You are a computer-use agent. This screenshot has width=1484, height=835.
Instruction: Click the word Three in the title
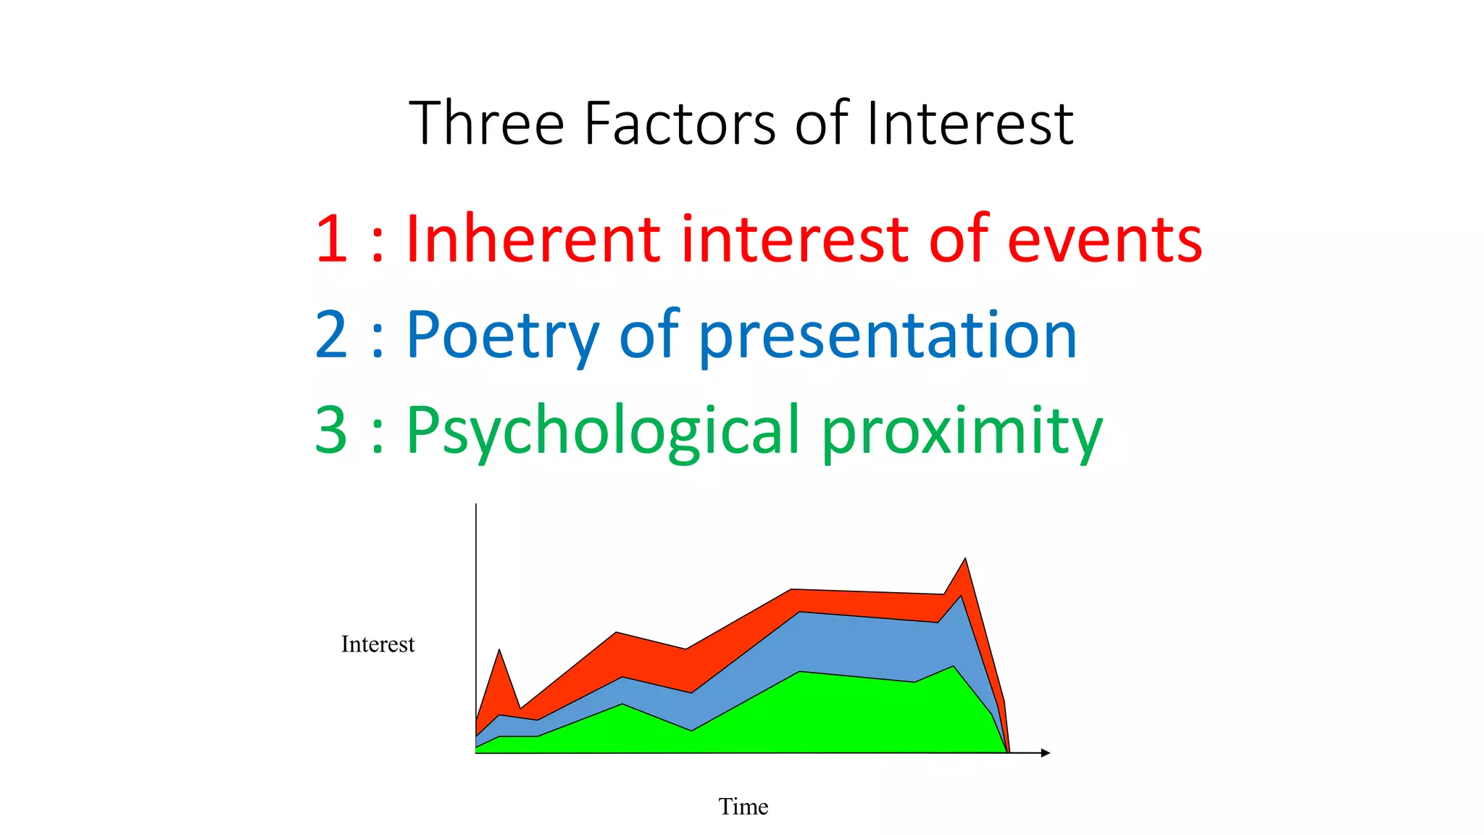click(x=486, y=123)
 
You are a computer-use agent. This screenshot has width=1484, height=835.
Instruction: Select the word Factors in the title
click(x=680, y=123)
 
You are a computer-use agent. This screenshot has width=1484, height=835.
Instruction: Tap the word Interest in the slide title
click(x=969, y=123)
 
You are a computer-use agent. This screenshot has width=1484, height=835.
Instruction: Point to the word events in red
click(x=1104, y=239)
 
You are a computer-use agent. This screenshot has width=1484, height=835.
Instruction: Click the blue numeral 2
click(x=332, y=334)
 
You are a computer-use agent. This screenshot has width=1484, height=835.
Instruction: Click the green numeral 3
click(x=332, y=430)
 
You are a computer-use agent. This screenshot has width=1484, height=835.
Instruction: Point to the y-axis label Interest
click(x=378, y=644)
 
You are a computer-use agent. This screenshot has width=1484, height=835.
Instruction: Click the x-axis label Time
click(x=743, y=806)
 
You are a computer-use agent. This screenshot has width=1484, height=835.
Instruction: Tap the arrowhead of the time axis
click(x=1045, y=753)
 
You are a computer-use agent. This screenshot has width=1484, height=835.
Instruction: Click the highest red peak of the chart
click(x=964, y=560)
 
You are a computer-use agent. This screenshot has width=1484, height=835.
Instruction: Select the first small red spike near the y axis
click(x=499, y=652)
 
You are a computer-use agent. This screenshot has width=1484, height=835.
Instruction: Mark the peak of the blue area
click(x=961, y=597)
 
